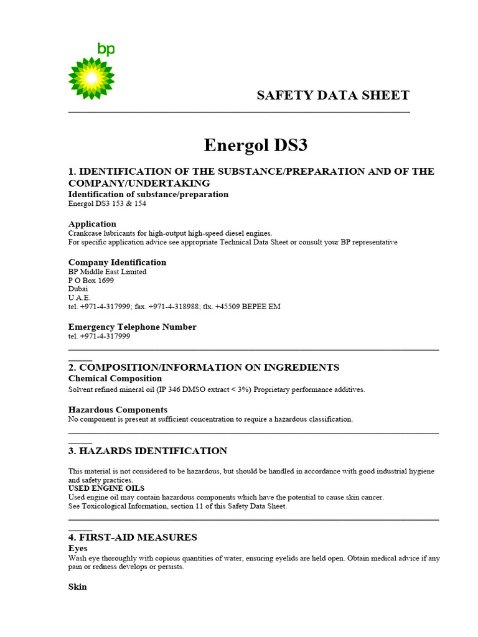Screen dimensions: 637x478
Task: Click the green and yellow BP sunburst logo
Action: [91, 78]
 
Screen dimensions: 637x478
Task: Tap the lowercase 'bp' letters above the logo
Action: [106, 50]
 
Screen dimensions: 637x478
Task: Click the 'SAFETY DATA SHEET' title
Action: [333, 95]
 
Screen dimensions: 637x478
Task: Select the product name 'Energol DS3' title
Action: [256, 146]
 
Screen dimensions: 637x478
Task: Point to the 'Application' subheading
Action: [92, 224]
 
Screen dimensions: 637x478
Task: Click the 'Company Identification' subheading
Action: [117, 263]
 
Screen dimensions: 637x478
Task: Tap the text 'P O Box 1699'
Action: [91, 281]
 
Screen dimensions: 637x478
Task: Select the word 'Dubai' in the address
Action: [78, 289]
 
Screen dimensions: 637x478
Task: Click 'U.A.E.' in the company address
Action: [79, 298]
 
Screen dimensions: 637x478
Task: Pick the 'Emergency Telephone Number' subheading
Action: [132, 327]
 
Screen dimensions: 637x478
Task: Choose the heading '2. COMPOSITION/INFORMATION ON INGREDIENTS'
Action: [204, 368]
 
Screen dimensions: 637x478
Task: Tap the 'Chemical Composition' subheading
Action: [115, 379]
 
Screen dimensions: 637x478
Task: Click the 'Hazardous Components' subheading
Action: [118, 410]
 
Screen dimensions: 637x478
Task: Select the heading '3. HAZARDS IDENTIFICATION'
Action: [148, 451]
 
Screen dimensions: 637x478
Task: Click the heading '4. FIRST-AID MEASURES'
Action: [133, 537]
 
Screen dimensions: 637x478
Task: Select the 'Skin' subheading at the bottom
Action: [77, 587]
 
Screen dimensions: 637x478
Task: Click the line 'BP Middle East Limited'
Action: [107, 272]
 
